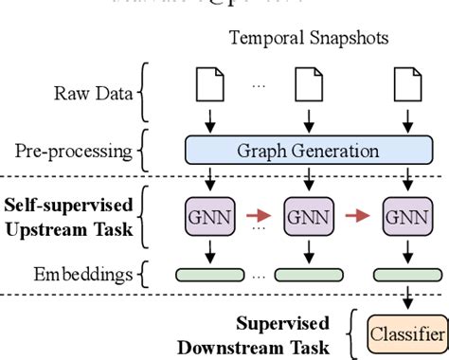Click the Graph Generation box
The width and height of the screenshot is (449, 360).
pyautogui.click(x=307, y=151)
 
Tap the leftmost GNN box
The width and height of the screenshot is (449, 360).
pyautogui.click(x=207, y=216)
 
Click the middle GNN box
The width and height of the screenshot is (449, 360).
pyautogui.click(x=307, y=216)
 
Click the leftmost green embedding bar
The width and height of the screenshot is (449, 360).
pyautogui.click(x=207, y=275)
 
